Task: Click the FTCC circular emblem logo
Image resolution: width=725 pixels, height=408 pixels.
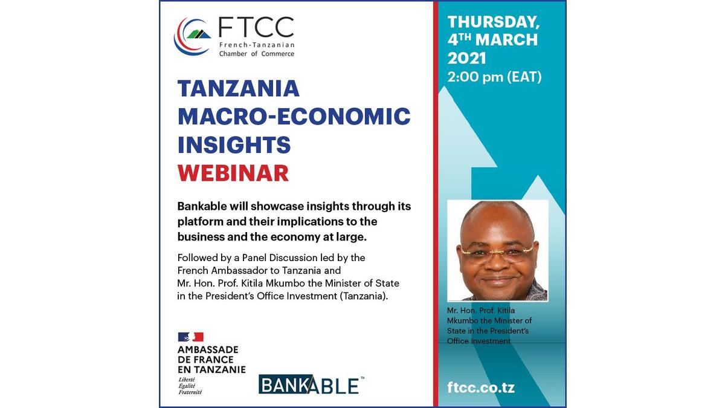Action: pyautogui.click(x=192, y=37)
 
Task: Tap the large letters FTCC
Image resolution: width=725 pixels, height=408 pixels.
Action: pyautogui.click(x=256, y=27)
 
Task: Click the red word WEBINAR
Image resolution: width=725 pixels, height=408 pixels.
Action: pyautogui.click(x=233, y=173)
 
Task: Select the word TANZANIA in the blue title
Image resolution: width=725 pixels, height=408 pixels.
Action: pyautogui.click(x=239, y=88)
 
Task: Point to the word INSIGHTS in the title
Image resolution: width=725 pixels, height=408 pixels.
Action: pyautogui.click(x=234, y=144)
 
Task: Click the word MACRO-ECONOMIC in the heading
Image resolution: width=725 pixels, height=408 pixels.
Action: pyautogui.click(x=294, y=117)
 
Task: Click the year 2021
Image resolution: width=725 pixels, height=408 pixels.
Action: pyautogui.click(x=466, y=59)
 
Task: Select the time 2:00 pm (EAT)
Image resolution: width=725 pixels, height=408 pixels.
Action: pyautogui.click(x=495, y=77)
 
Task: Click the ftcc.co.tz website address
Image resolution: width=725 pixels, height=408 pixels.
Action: pyautogui.click(x=481, y=387)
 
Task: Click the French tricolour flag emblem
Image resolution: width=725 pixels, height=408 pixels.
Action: pyautogui.click(x=191, y=337)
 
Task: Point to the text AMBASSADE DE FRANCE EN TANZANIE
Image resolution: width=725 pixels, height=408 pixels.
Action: pyautogui.click(x=211, y=360)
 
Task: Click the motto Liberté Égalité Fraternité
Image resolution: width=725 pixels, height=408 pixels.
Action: pyautogui.click(x=190, y=386)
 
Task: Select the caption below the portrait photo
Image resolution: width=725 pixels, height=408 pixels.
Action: pyautogui.click(x=489, y=325)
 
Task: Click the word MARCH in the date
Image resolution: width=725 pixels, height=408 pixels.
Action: pyautogui.click(x=506, y=40)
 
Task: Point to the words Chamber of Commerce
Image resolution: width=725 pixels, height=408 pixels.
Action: pyautogui.click(x=257, y=54)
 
